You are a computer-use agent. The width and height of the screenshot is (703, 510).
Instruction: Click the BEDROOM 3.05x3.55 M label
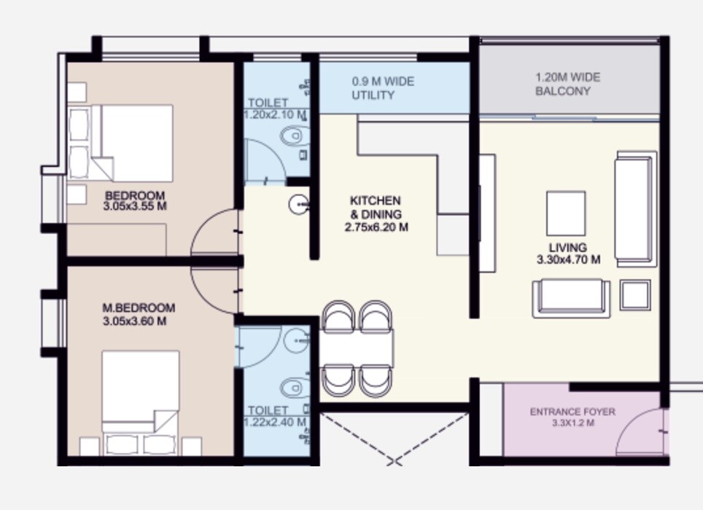click(135, 201)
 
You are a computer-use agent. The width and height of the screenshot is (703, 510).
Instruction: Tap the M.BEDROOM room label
click(139, 314)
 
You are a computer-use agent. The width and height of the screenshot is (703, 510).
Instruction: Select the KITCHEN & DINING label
click(376, 213)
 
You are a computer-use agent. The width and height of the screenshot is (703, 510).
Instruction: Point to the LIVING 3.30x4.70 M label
click(568, 254)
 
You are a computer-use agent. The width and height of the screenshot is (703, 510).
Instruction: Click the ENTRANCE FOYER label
click(572, 417)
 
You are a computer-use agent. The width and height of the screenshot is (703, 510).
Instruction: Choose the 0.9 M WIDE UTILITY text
click(383, 88)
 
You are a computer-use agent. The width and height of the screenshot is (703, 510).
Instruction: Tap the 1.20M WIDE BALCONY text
click(568, 84)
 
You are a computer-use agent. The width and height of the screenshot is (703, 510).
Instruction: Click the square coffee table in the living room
click(565, 213)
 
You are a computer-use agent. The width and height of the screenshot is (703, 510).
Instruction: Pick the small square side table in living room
click(635, 295)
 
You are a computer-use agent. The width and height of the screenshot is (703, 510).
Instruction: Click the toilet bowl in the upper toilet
click(294, 136)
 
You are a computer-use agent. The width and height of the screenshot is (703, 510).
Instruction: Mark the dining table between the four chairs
click(357, 349)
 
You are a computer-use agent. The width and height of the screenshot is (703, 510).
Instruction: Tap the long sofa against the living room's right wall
click(635, 209)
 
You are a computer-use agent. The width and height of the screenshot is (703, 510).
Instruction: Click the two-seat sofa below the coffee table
click(571, 297)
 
